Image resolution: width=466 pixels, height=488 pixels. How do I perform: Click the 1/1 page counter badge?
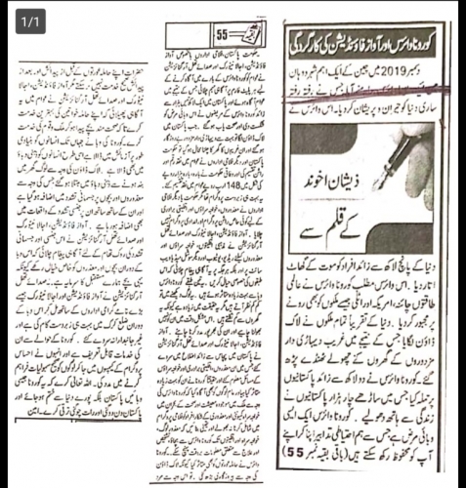click(x=30, y=19)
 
